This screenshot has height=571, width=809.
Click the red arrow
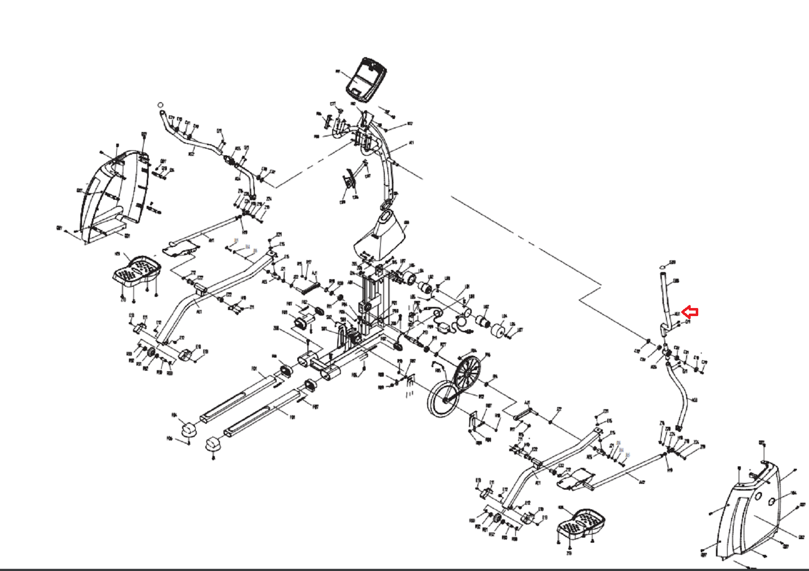pyautogui.click(x=690, y=312)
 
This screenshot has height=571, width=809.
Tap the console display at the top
pyautogui.click(x=366, y=78)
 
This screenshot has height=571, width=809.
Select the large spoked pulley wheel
pyautogui.click(x=467, y=374)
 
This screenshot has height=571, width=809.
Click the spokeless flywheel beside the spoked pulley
pyautogui.click(x=443, y=399)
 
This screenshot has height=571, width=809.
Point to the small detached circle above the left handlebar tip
pyautogui.click(x=161, y=105)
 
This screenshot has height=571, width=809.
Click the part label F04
pyautogui.click(x=174, y=416)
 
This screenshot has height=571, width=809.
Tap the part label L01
pyautogui.click(x=467, y=286)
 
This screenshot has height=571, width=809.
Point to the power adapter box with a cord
pyautogui.click(x=445, y=329)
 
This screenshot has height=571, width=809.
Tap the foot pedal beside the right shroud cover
pyautogui.click(x=581, y=523)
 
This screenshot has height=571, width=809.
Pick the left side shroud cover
pyautogui.click(x=114, y=195)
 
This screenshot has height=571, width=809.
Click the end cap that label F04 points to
pyautogui.click(x=189, y=429)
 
